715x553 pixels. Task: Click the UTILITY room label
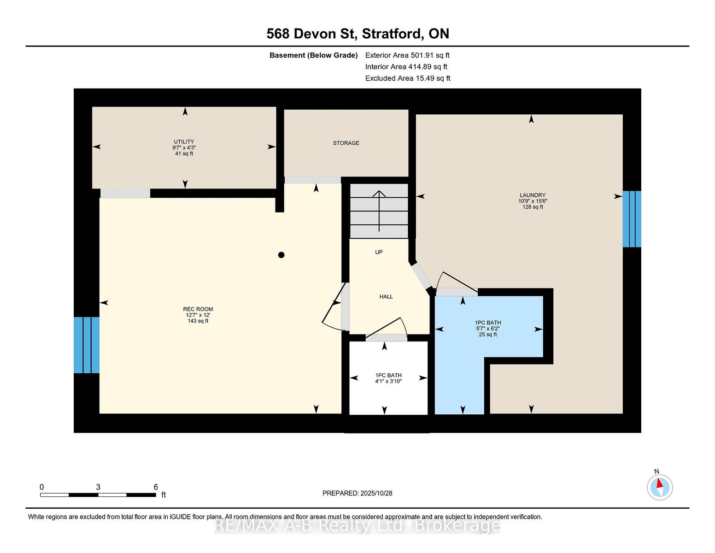(184, 142)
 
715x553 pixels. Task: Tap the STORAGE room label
(346, 143)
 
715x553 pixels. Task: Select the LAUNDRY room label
(533, 195)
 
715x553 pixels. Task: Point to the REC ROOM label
(198, 309)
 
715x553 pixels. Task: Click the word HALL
(386, 297)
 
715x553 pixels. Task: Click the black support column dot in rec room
(281, 255)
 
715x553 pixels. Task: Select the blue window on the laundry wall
(632, 219)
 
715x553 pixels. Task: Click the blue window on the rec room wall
(87, 345)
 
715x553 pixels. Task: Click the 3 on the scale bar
(98, 487)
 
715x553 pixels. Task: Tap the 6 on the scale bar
(156, 487)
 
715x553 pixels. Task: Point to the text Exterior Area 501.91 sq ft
(407, 55)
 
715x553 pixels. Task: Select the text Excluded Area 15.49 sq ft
(407, 78)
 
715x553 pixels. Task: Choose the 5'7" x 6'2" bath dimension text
(487, 328)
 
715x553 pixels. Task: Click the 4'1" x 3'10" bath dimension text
(388, 381)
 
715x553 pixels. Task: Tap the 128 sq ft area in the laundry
(533, 207)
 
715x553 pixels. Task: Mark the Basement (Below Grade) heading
(313, 55)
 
